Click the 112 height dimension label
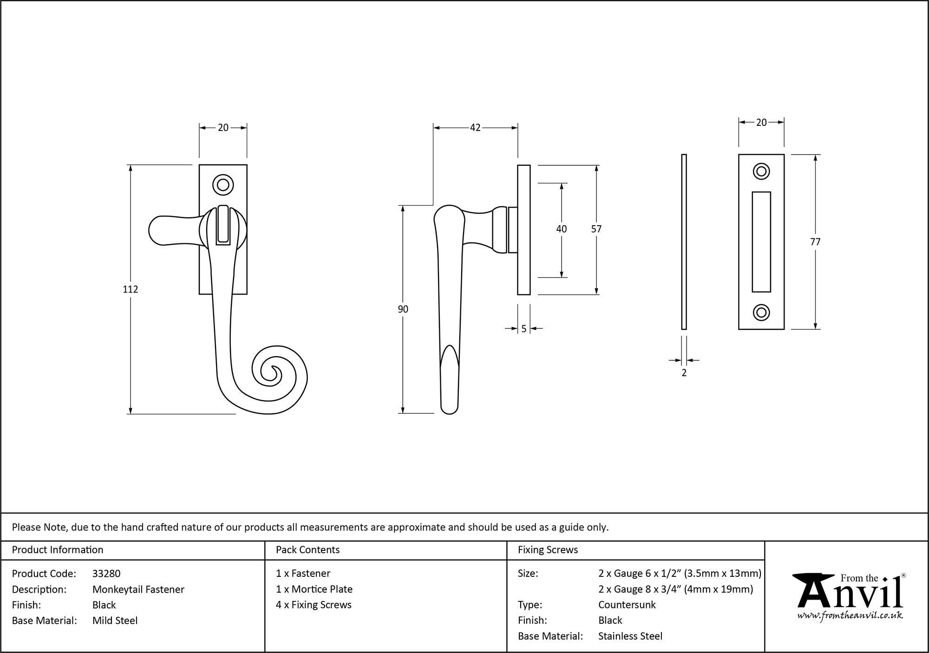point(130,289)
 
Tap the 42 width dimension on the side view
point(475,128)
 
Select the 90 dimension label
point(403,309)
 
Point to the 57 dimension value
point(596,229)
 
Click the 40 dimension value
point(561,229)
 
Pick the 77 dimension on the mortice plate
point(815,242)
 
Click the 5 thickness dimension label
point(523,329)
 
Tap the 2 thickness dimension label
point(684,372)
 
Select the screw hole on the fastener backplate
point(223,185)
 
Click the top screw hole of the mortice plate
point(761,171)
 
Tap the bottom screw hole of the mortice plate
point(761,312)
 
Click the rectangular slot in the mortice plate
point(761,242)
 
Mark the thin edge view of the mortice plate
point(684,242)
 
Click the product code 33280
point(106,574)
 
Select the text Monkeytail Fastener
point(138,589)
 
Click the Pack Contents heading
point(307,550)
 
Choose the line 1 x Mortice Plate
point(314,589)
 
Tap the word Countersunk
point(627,605)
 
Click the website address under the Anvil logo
point(850,615)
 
